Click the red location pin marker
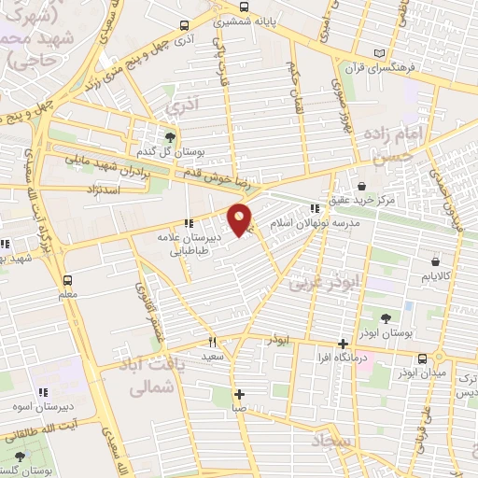click(241, 219)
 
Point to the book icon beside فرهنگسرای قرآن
click(378, 52)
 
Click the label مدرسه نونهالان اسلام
click(308, 225)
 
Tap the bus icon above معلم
click(66, 279)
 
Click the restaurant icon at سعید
click(212, 342)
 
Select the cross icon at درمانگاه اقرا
click(344, 343)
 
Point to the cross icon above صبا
click(240, 393)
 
